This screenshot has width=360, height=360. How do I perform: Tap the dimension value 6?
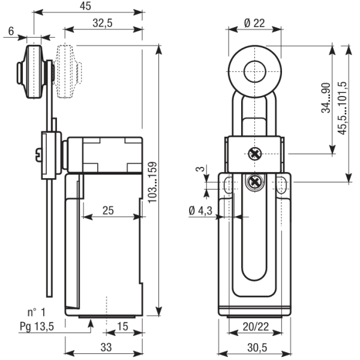tap(11, 31)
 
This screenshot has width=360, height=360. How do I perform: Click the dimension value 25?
tap(108, 210)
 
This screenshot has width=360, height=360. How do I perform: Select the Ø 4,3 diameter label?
tap(200, 211)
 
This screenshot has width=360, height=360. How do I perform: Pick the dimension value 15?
tap(122, 326)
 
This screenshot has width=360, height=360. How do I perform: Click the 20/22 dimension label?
tap(255, 327)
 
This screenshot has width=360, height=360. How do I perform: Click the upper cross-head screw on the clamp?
tap(255, 154)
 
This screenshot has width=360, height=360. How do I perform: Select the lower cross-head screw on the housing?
tap(255, 181)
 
